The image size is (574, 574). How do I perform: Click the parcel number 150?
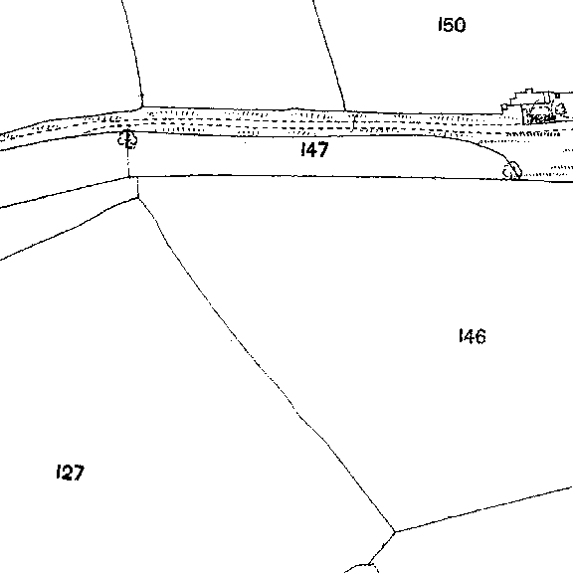[x=452, y=25]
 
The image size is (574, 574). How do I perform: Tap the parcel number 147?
[x=314, y=149]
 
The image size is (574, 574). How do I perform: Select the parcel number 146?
[x=473, y=336]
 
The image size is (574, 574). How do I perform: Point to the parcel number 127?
[x=71, y=473]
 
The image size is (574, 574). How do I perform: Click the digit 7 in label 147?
[x=323, y=150]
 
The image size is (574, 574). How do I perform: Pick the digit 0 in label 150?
[x=460, y=25]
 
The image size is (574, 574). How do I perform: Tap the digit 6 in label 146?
[x=480, y=337]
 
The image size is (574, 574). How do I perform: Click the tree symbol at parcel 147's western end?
[x=127, y=138]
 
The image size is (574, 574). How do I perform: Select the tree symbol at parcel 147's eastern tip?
[x=512, y=170]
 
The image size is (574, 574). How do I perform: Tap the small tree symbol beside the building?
[x=560, y=109]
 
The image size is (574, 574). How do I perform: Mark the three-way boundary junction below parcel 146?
[x=395, y=531]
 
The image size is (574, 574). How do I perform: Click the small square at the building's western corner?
[x=504, y=106]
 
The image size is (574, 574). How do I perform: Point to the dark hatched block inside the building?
[x=541, y=118]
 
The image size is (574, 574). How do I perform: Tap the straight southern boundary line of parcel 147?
[x=322, y=176]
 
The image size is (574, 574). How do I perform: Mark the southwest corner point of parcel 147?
[x=129, y=177]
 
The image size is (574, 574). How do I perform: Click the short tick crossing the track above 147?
[x=353, y=123]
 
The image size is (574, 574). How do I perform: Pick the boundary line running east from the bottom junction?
[x=483, y=509]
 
